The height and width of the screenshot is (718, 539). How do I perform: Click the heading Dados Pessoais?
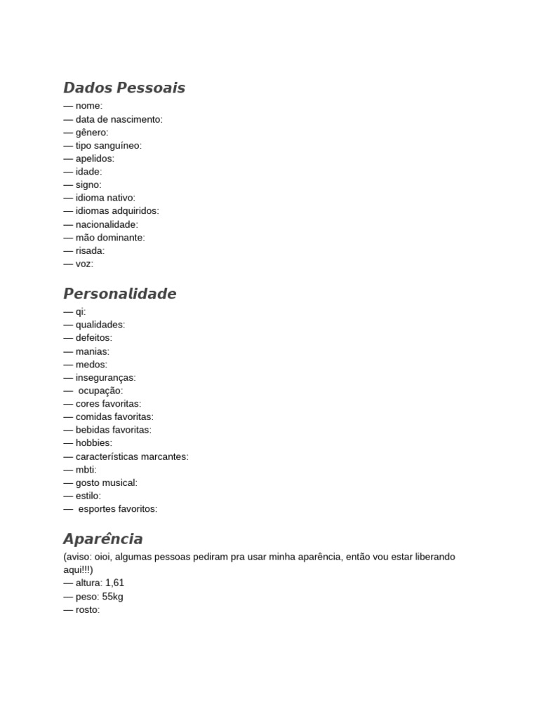click(x=124, y=88)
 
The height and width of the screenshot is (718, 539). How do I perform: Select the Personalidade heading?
click(x=119, y=294)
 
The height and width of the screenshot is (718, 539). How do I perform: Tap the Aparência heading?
click(x=102, y=539)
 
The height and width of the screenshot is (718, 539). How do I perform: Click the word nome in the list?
click(x=88, y=106)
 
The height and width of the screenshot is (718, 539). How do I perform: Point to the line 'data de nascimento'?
click(x=118, y=119)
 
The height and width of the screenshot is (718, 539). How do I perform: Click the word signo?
click(x=88, y=185)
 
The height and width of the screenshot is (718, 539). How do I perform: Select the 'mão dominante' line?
click(x=109, y=238)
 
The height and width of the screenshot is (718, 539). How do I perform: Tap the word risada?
click(x=89, y=250)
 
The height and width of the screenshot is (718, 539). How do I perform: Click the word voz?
click(x=84, y=264)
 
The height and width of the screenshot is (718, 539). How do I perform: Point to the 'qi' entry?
click(x=80, y=311)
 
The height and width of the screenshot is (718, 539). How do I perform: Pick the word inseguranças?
click(x=105, y=377)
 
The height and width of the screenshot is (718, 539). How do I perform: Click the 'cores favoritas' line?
click(x=107, y=404)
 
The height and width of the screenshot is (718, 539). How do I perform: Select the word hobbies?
click(x=93, y=443)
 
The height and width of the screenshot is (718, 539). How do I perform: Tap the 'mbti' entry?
click(x=85, y=470)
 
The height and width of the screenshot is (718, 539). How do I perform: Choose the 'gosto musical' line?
click(x=106, y=482)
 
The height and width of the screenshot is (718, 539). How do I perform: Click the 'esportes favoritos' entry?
click(x=117, y=509)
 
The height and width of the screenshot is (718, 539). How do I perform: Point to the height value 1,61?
click(x=114, y=583)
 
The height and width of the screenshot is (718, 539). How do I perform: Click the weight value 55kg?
click(x=112, y=597)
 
